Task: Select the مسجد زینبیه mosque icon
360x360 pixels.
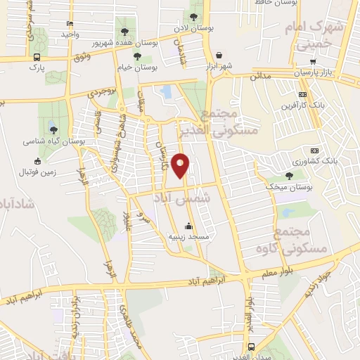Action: pyautogui.click(x=188, y=226)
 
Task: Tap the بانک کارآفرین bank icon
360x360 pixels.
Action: pyautogui.click(x=302, y=94)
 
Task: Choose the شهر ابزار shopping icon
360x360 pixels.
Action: pyautogui.click(x=219, y=55)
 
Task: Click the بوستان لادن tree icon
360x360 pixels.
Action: pyautogui.click(x=193, y=17)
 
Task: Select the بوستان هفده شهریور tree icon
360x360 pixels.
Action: pyautogui.click(x=124, y=32)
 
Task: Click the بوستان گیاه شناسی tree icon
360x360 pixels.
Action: pyautogui.click(x=53, y=129)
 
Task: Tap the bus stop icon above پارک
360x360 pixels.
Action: pyautogui.click(x=36, y=58)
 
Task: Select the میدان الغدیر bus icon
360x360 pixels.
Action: pyautogui.click(x=251, y=347)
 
